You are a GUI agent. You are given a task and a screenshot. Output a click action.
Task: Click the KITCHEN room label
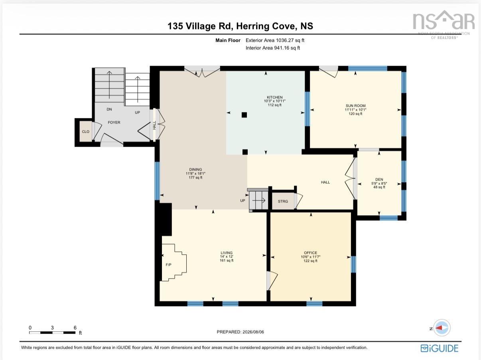click(x=274, y=97)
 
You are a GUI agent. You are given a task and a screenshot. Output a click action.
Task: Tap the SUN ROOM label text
click(x=355, y=106)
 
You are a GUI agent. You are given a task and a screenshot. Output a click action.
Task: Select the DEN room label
click(x=379, y=179)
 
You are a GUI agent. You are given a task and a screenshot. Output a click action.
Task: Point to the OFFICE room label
click(x=311, y=253)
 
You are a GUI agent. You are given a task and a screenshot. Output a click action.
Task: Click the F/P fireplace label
click(x=168, y=265)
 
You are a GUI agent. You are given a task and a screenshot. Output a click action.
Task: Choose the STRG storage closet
click(x=283, y=201)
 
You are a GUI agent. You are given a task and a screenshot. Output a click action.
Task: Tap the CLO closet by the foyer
click(x=85, y=132)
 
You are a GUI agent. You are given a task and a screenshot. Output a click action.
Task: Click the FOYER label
click(x=114, y=122)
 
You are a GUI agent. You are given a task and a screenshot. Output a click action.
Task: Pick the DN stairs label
click(x=109, y=109)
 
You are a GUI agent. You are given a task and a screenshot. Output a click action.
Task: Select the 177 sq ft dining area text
click(x=195, y=177)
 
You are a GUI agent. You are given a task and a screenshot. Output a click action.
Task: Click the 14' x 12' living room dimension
click(x=227, y=256)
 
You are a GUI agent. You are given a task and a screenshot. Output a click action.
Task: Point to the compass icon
click(x=442, y=328)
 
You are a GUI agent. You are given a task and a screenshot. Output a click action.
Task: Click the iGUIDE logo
click(x=440, y=348)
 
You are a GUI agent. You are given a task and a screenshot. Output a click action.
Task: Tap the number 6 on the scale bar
click(x=75, y=328)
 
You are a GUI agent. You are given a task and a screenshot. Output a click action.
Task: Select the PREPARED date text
click(x=240, y=332)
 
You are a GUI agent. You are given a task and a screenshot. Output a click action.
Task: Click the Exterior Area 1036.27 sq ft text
click(x=275, y=40)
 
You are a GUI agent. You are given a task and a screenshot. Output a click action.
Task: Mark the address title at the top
click(x=240, y=26)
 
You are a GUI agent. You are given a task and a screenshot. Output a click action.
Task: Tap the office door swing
click(x=272, y=281)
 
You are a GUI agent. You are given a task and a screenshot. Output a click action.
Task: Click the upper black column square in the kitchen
click(x=244, y=115)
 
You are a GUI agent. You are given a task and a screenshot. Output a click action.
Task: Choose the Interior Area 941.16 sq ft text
click(x=272, y=48)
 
